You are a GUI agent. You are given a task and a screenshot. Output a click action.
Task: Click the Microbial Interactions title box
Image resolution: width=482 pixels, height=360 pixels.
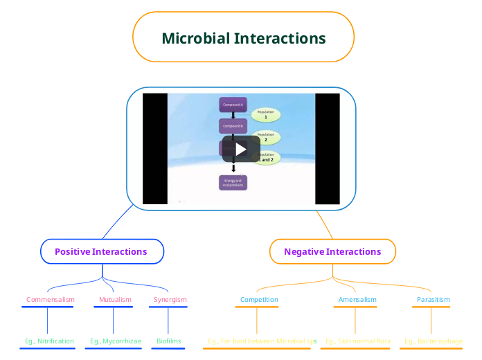[243, 38]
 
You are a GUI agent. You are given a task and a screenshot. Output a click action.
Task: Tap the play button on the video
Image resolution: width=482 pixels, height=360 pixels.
[240, 149]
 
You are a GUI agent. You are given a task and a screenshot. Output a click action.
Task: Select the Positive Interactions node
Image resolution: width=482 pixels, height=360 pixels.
[101, 251]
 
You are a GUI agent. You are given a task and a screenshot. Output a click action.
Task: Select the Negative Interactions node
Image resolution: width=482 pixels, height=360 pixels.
[332, 251]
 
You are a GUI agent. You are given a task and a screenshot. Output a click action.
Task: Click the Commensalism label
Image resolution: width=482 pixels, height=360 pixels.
[50, 300]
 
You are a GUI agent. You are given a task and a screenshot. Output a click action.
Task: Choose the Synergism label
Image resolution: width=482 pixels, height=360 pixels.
[170, 300]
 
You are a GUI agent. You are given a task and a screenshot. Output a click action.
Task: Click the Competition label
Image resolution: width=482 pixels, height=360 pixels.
[259, 300]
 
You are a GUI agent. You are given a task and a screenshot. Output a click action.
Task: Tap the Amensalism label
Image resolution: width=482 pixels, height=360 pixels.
[357, 300]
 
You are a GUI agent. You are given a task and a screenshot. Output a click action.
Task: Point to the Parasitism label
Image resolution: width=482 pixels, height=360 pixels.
[433, 300]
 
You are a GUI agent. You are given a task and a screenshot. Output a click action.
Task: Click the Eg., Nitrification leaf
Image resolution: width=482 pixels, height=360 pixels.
[49, 341]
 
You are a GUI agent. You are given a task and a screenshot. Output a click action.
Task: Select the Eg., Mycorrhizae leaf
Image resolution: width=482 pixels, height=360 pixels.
[116, 341]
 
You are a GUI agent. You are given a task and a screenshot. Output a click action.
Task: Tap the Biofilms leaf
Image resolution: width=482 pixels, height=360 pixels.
[168, 341]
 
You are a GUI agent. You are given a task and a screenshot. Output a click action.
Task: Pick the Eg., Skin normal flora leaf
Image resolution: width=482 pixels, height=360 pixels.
[358, 341]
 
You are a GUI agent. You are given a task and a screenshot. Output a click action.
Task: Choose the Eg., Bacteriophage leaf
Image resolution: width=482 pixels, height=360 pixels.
[434, 341]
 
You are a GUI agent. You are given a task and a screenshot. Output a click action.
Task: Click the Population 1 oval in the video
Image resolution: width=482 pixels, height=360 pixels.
[266, 114]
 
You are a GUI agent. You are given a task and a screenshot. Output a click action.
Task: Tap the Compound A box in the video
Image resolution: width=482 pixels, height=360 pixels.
[233, 105]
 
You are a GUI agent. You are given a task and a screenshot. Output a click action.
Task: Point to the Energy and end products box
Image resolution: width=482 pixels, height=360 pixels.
[233, 183]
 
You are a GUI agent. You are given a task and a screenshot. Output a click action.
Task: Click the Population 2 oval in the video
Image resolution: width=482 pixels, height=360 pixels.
[266, 136]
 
